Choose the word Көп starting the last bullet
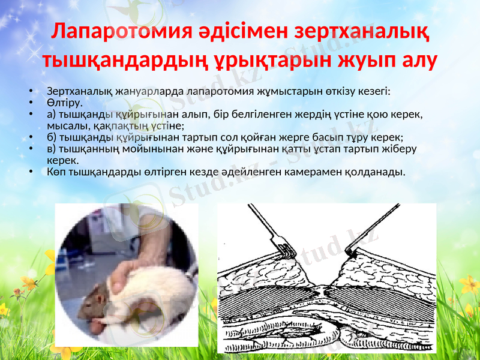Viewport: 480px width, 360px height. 56,172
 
